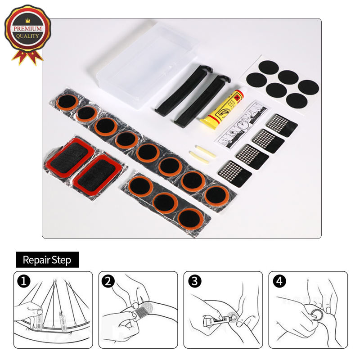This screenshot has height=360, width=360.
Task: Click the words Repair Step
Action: pyautogui.click(x=47, y=260)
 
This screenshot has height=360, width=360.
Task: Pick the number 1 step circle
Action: pyautogui.click(x=23, y=282)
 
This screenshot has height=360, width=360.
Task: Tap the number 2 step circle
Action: pyautogui.click(x=108, y=282)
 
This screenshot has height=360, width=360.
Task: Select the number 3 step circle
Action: pyautogui.click(x=194, y=282)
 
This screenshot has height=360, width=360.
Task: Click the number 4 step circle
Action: pyautogui.click(x=279, y=282)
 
